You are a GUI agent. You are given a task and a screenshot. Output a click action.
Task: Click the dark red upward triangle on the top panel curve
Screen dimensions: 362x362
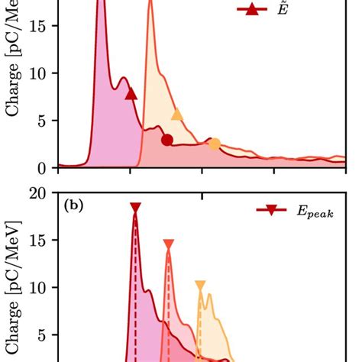131,94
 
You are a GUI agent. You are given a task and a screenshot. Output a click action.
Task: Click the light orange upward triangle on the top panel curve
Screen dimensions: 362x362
177,115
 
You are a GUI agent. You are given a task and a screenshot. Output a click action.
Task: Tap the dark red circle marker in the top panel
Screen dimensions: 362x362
167,139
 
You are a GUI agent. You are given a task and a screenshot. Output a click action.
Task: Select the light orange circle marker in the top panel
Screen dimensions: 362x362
215,144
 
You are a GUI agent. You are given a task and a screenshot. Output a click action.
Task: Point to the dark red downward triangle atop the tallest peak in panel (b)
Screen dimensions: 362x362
135,208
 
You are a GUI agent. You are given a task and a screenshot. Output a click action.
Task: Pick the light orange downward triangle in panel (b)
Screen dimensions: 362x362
200,286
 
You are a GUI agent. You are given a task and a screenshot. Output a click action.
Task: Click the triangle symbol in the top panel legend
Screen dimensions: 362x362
248,10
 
